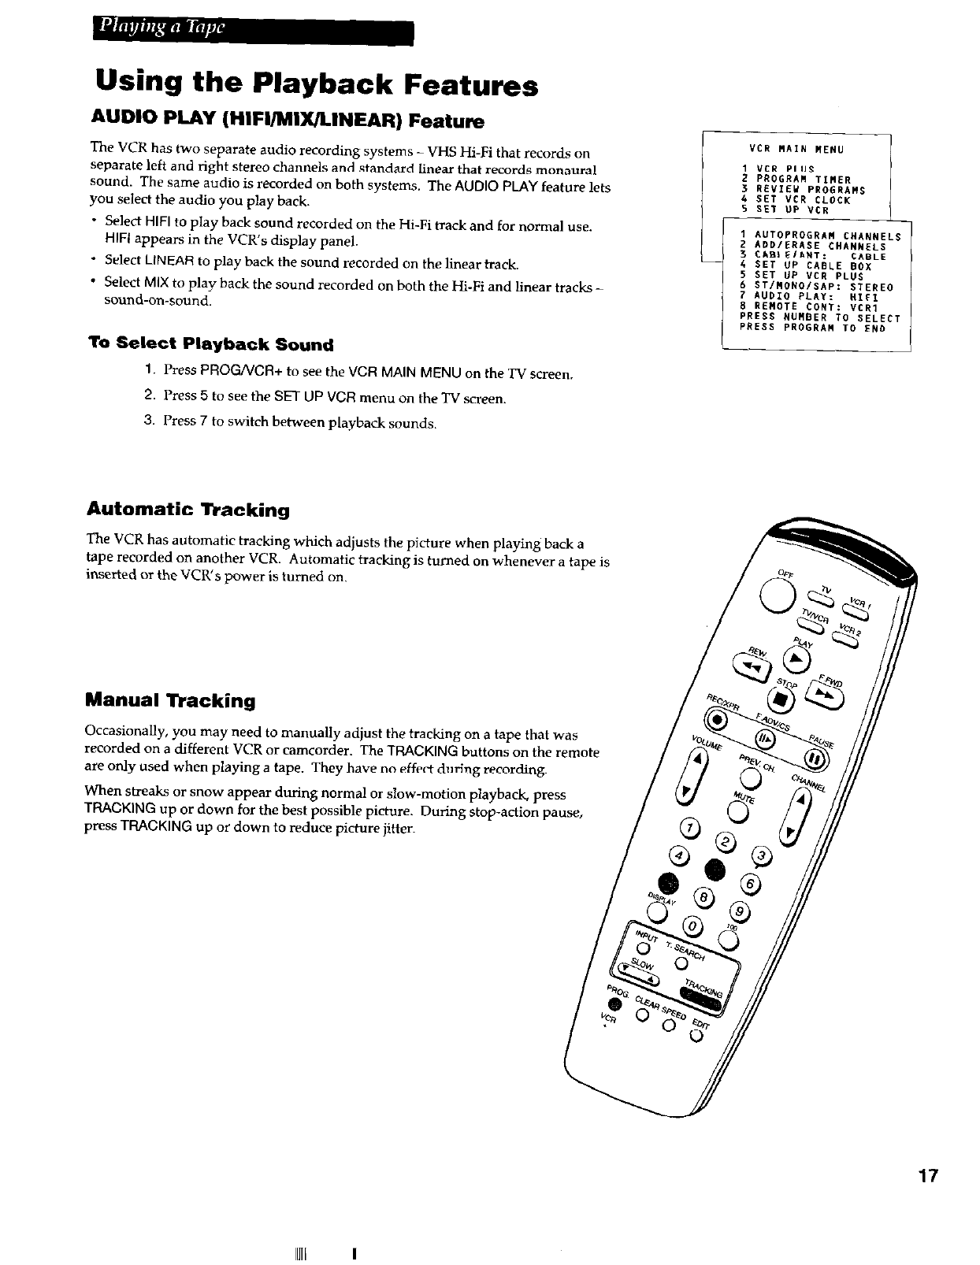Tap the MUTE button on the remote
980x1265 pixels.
(737, 811)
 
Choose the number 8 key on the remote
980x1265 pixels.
(703, 897)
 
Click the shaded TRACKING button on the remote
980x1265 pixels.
(704, 995)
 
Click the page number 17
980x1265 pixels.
(928, 1176)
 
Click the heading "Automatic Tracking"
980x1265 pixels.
(188, 510)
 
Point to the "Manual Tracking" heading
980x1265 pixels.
(171, 700)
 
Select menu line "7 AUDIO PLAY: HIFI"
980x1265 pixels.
(811, 297)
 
